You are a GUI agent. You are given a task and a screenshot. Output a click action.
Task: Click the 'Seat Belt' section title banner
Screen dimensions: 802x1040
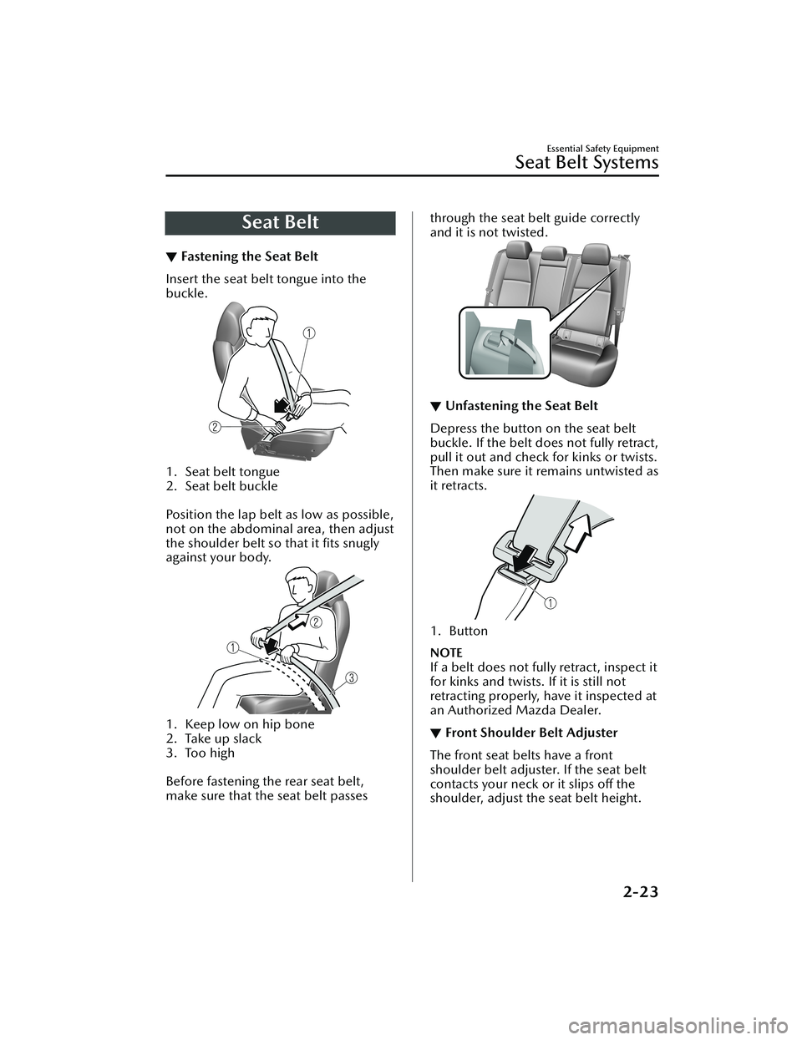pos(281,223)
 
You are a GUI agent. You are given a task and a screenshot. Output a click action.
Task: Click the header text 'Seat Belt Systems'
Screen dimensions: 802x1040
pos(586,162)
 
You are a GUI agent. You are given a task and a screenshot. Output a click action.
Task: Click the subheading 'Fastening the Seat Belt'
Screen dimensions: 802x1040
pos(248,256)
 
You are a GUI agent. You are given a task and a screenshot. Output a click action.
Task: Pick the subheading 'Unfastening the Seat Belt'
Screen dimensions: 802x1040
pos(521,406)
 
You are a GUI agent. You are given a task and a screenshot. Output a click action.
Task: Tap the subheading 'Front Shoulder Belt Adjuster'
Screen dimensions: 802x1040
pos(531,733)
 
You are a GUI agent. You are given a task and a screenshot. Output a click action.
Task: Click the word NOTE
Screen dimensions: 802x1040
pos(445,652)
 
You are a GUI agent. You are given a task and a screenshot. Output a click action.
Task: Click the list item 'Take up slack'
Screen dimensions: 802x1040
pos(223,738)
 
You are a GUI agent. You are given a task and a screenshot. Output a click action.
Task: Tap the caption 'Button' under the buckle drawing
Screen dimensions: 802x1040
pos(468,632)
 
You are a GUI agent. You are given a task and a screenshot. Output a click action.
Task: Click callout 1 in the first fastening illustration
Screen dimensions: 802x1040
pos(309,332)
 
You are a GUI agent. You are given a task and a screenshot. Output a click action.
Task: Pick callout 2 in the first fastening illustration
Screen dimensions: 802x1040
pos(215,427)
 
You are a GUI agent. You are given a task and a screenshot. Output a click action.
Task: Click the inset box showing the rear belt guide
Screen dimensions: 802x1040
pos(504,342)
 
